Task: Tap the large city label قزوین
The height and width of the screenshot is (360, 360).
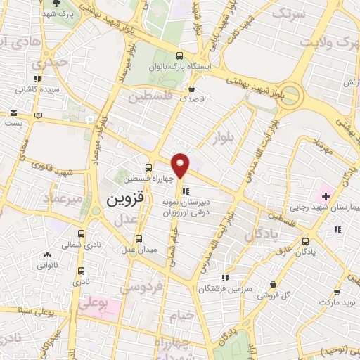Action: coord(125,199)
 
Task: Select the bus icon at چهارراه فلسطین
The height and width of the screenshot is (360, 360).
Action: coord(148,167)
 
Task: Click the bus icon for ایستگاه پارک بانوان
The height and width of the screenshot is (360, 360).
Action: coord(179,57)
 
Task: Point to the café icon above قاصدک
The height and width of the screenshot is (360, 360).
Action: coord(191,89)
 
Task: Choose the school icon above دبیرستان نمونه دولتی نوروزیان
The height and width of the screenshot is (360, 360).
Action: coord(185,191)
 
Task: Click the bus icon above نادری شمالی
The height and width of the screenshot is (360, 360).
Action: coord(82,232)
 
